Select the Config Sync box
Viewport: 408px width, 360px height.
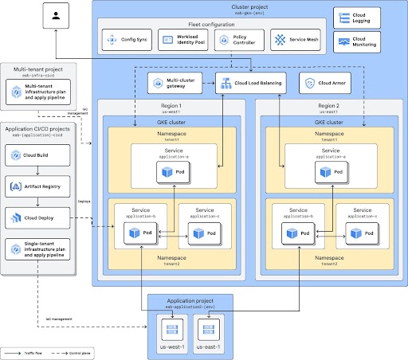pyautogui.click(x=127, y=39)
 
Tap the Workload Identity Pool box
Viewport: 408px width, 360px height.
pyautogui.click(x=182, y=39)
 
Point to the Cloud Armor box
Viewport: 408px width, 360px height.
pyautogui.click(x=320, y=83)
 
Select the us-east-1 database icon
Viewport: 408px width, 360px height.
pyautogui.click(x=211, y=327)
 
